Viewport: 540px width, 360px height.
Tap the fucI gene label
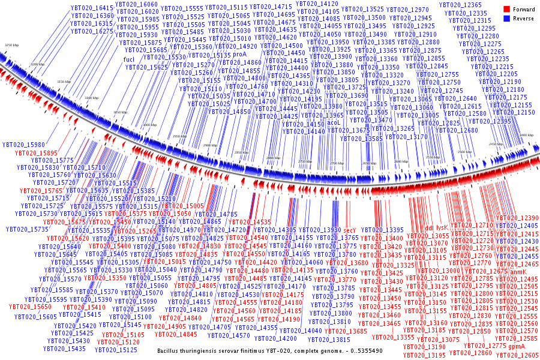point(129,59)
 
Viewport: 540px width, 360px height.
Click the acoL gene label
point(334,122)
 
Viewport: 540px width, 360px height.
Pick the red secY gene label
point(350,230)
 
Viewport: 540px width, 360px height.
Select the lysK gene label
point(442,228)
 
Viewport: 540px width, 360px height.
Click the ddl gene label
point(429,228)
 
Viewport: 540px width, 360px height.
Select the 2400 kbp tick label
point(527,136)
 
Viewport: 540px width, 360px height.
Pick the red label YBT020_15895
point(37,153)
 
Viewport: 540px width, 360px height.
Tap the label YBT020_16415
point(92,8)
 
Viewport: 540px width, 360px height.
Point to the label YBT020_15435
point(68,348)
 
